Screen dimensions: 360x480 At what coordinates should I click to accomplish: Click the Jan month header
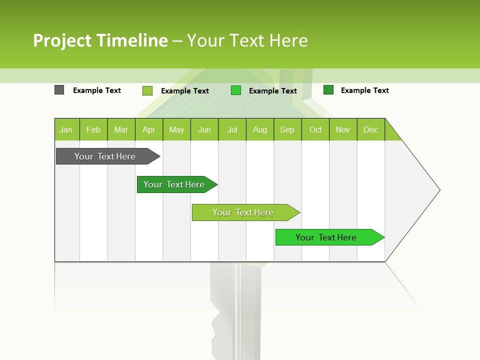[x=66, y=129]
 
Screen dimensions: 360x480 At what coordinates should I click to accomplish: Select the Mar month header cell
[x=121, y=129]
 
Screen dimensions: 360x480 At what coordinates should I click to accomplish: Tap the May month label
[x=176, y=129]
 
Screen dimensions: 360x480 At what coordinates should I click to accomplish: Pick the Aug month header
[x=259, y=129]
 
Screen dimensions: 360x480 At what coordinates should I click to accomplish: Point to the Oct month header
[x=315, y=129]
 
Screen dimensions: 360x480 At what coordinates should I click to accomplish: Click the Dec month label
[x=370, y=129]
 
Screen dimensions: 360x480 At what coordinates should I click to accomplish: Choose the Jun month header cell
[x=204, y=129]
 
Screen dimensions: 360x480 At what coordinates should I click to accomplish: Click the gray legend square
[x=59, y=90]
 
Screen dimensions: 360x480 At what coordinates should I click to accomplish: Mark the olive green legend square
[x=147, y=90]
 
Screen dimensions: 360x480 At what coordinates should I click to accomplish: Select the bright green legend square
[x=236, y=90]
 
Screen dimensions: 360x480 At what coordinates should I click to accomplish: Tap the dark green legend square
[x=328, y=90]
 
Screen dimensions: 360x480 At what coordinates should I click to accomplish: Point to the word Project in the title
[x=62, y=40]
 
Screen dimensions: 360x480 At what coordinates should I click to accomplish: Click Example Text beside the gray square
[x=97, y=90]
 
